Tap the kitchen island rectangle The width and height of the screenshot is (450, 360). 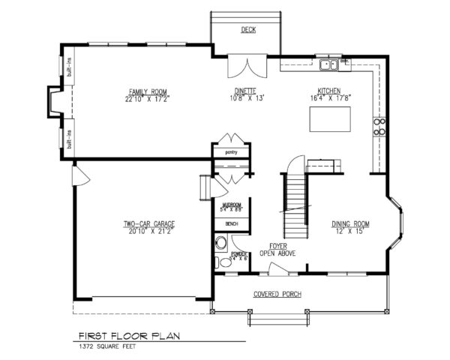click(x=329, y=118)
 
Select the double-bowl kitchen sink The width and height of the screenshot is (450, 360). click(x=328, y=66)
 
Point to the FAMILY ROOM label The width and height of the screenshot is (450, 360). click(x=145, y=91)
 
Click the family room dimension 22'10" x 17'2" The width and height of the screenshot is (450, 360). click(x=145, y=98)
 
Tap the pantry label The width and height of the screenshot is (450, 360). click(x=230, y=152)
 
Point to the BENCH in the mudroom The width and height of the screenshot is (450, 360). click(x=231, y=223)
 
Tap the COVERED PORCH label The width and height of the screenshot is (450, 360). click(x=277, y=294)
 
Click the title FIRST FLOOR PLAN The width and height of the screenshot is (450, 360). click(x=125, y=337)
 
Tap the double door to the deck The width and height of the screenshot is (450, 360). click(x=246, y=65)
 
